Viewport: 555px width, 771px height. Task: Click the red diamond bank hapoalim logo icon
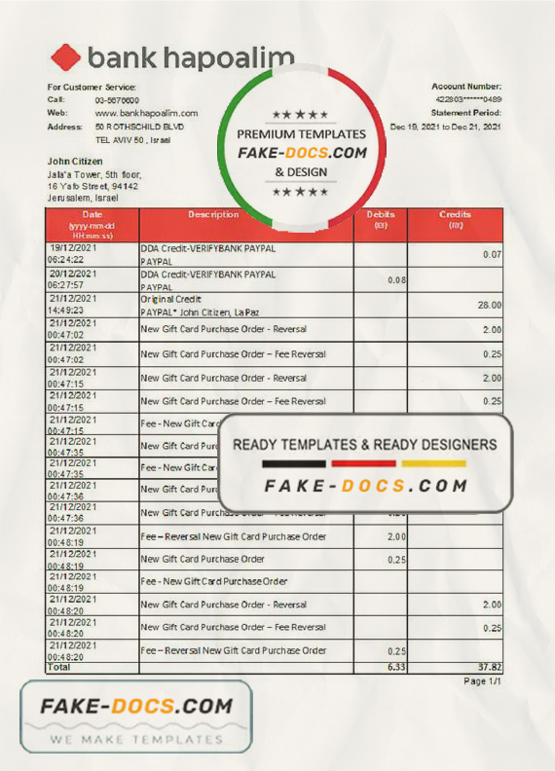click(x=66, y=58)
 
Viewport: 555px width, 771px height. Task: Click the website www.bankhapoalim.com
click(x=146, y=113)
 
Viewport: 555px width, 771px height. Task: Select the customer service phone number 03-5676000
click(x=117, y=100)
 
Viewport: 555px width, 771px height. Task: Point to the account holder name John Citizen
click(x=73, y=161)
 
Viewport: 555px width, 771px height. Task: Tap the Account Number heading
click(x=466, y=87)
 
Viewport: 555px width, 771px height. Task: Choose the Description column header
click(x=213, y=214)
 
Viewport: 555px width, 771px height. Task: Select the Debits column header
click(x=381, y=214)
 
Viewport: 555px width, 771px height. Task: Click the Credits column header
click(x=455, y=214)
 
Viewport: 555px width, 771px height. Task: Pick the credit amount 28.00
click(x=490, y=305)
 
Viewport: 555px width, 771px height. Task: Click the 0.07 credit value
click(x=493, y=254)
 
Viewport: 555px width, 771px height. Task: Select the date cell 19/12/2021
click(x=75, y=248)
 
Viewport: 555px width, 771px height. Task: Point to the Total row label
click(x=60, y=668)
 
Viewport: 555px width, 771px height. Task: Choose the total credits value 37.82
click(x=489, y=668)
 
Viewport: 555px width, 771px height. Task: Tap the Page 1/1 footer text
click(x=481, y=680)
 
